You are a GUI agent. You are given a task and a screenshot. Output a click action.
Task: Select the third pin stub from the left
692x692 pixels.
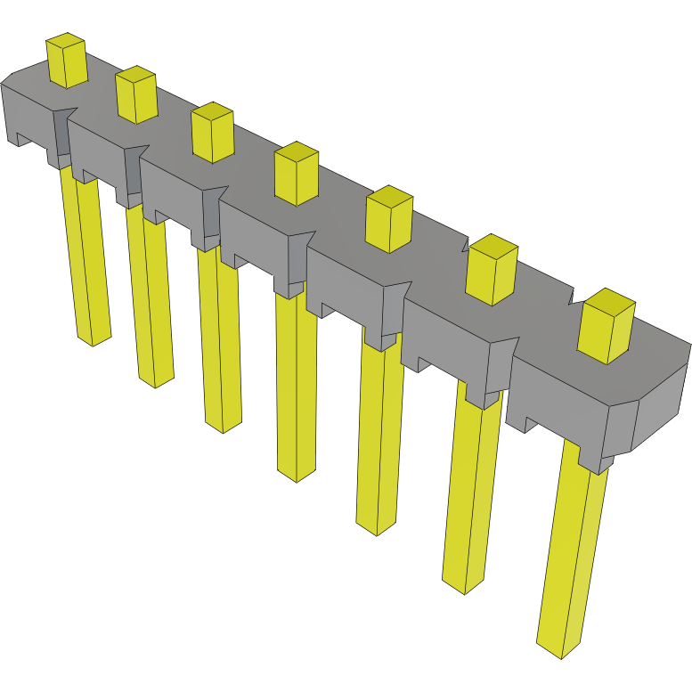pyautogui.click(x=213, y=133)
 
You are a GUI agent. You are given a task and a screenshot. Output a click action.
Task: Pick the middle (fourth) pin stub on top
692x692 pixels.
pyautogui.click(x=297, y=174)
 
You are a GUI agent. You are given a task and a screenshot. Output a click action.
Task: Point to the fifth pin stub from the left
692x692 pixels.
pyautogui.click(x=389, y=219)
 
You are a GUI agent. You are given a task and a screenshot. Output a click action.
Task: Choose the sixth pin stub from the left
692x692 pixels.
pyautogui.click(x=493, y=271)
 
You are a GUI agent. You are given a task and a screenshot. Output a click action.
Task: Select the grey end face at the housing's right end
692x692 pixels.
pyautogui.click(x=662, y=400)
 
